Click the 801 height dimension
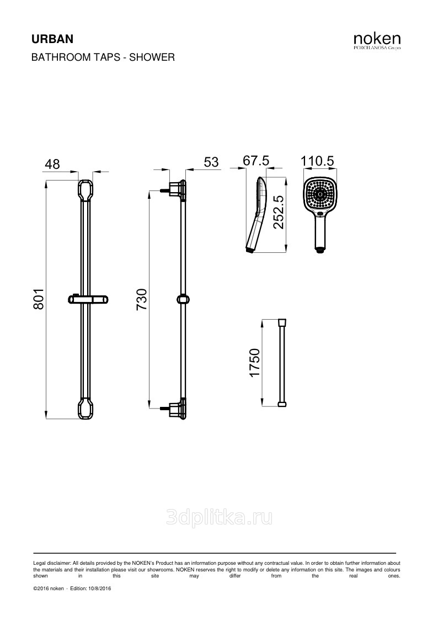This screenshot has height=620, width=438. click(38, 299)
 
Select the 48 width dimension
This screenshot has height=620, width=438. click(52, 164)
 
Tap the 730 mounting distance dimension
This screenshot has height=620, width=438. click(141, 299)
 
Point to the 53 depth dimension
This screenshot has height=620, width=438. click(211, 162)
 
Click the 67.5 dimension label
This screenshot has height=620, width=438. click(256, 161)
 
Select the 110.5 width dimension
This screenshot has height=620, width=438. click(318, 161)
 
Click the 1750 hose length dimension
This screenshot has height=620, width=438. click(255, 363)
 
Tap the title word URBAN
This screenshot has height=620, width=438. click(52, 39)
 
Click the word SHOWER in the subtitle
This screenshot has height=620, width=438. click(152, 57)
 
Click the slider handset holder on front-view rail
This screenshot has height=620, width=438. click(88, 299)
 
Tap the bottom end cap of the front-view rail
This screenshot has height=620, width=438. click(86, 409)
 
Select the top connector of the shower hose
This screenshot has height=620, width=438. click(282, 322)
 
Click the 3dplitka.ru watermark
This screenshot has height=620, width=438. click(219, 518)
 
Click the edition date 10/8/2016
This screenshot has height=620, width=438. click(99, 589)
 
